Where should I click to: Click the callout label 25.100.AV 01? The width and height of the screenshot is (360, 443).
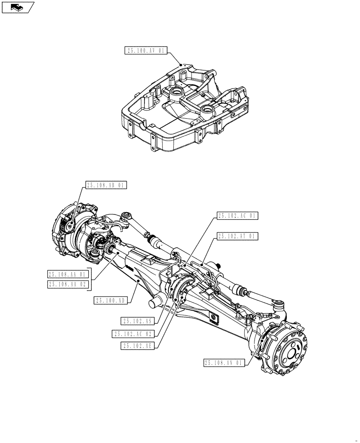(x=145, y=51)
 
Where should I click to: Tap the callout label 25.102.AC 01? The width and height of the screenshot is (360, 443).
(x=237, y=216)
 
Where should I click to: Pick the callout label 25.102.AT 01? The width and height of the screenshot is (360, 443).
(x=237, y=236)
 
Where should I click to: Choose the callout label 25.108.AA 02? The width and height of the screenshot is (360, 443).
(x=69, y=284)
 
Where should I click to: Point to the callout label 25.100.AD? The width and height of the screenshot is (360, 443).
(x=111, y=301)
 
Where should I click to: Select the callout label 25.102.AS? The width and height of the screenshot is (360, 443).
(x=137, y=320)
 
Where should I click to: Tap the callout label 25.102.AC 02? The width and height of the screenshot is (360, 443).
(x=133, y=334)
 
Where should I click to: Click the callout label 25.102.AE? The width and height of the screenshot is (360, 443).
(x=137, y=346)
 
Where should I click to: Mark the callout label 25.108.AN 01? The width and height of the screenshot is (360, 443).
(x=224, y=363)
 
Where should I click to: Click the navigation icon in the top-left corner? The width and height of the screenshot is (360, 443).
(x=18, y=7)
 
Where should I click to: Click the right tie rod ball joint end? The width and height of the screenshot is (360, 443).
(x=278, y=304)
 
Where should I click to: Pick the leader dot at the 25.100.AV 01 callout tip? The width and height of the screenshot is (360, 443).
(x=180, y=64)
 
